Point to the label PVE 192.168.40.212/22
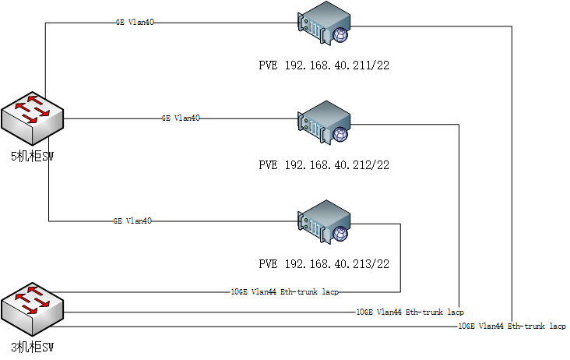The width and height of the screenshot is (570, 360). pyautogui.click(x=323, y=165)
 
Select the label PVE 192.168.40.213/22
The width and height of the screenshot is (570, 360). pyautogui.click(x=323, y=263)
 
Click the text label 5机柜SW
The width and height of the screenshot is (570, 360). pyautogui.click(x=32, y=156)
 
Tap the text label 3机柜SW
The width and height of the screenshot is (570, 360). pyautogui.click(x=32, y=348)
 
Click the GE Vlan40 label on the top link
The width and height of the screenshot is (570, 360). pyautogui.click(x=135, y=23)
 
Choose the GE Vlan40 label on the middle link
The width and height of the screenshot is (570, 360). pyautogui.click(x=181, y=118)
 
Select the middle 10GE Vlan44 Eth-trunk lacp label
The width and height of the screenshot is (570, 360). pyautogui.click(x=410, y=311)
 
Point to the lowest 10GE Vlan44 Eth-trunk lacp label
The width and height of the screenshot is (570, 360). pyautogui.click(x=512, y=326)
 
